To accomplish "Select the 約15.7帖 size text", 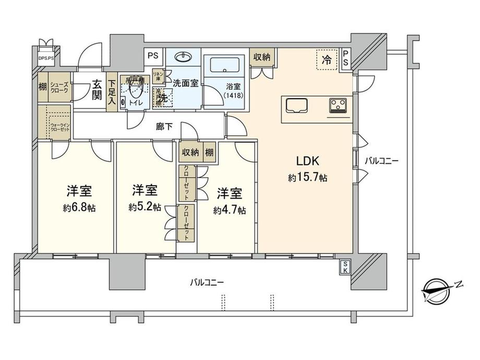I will click(x=308, y=178).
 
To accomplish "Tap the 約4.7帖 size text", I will click(x=229, y=211).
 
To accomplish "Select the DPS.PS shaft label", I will click(x=46, y=58).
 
